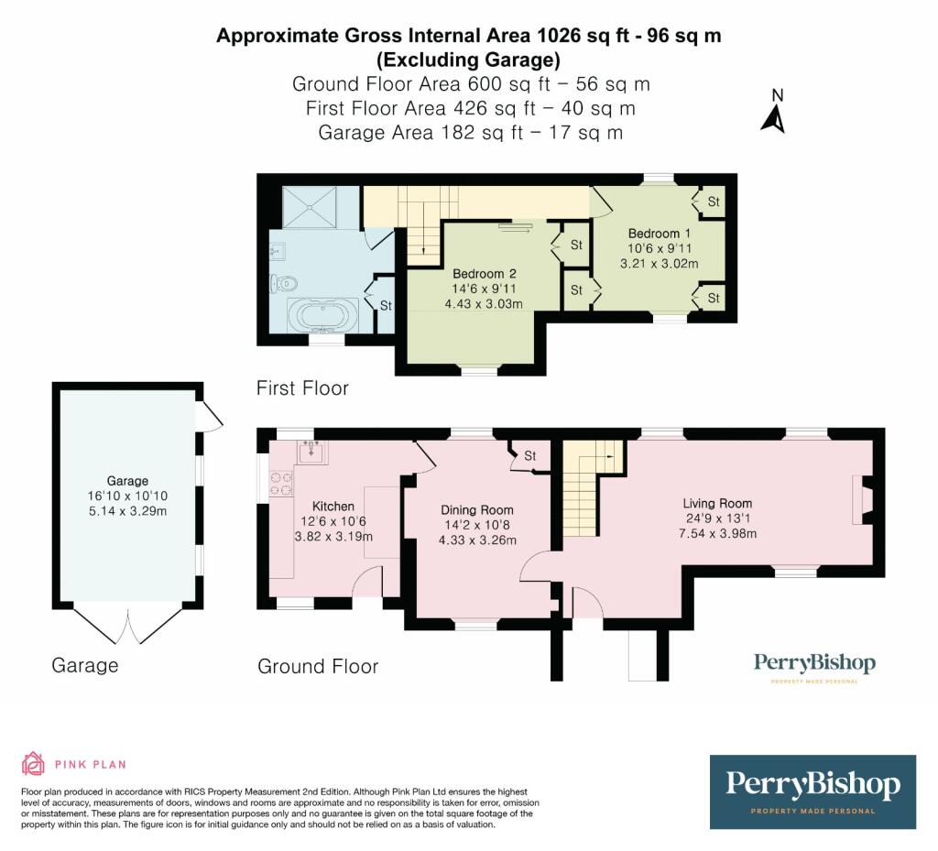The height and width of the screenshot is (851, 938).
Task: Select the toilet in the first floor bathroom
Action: [x=281, y=284]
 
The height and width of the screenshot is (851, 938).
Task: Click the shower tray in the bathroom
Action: [x=310, y=207]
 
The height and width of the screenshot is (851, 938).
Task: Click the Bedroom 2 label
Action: [x=485, y=274]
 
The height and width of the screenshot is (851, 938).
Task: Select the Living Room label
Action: [x=716, y=503]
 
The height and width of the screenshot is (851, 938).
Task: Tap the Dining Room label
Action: [x=476, y=510]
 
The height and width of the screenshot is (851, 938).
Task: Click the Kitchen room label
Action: [x=333, y=506]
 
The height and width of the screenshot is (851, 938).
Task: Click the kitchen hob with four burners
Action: [x=279, y=484]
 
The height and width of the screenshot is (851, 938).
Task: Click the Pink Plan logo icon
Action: [x=33, y=763]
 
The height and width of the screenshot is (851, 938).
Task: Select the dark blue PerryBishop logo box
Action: [x=813, y=791]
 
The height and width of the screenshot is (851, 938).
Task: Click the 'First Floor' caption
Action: [x=302, y=388]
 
